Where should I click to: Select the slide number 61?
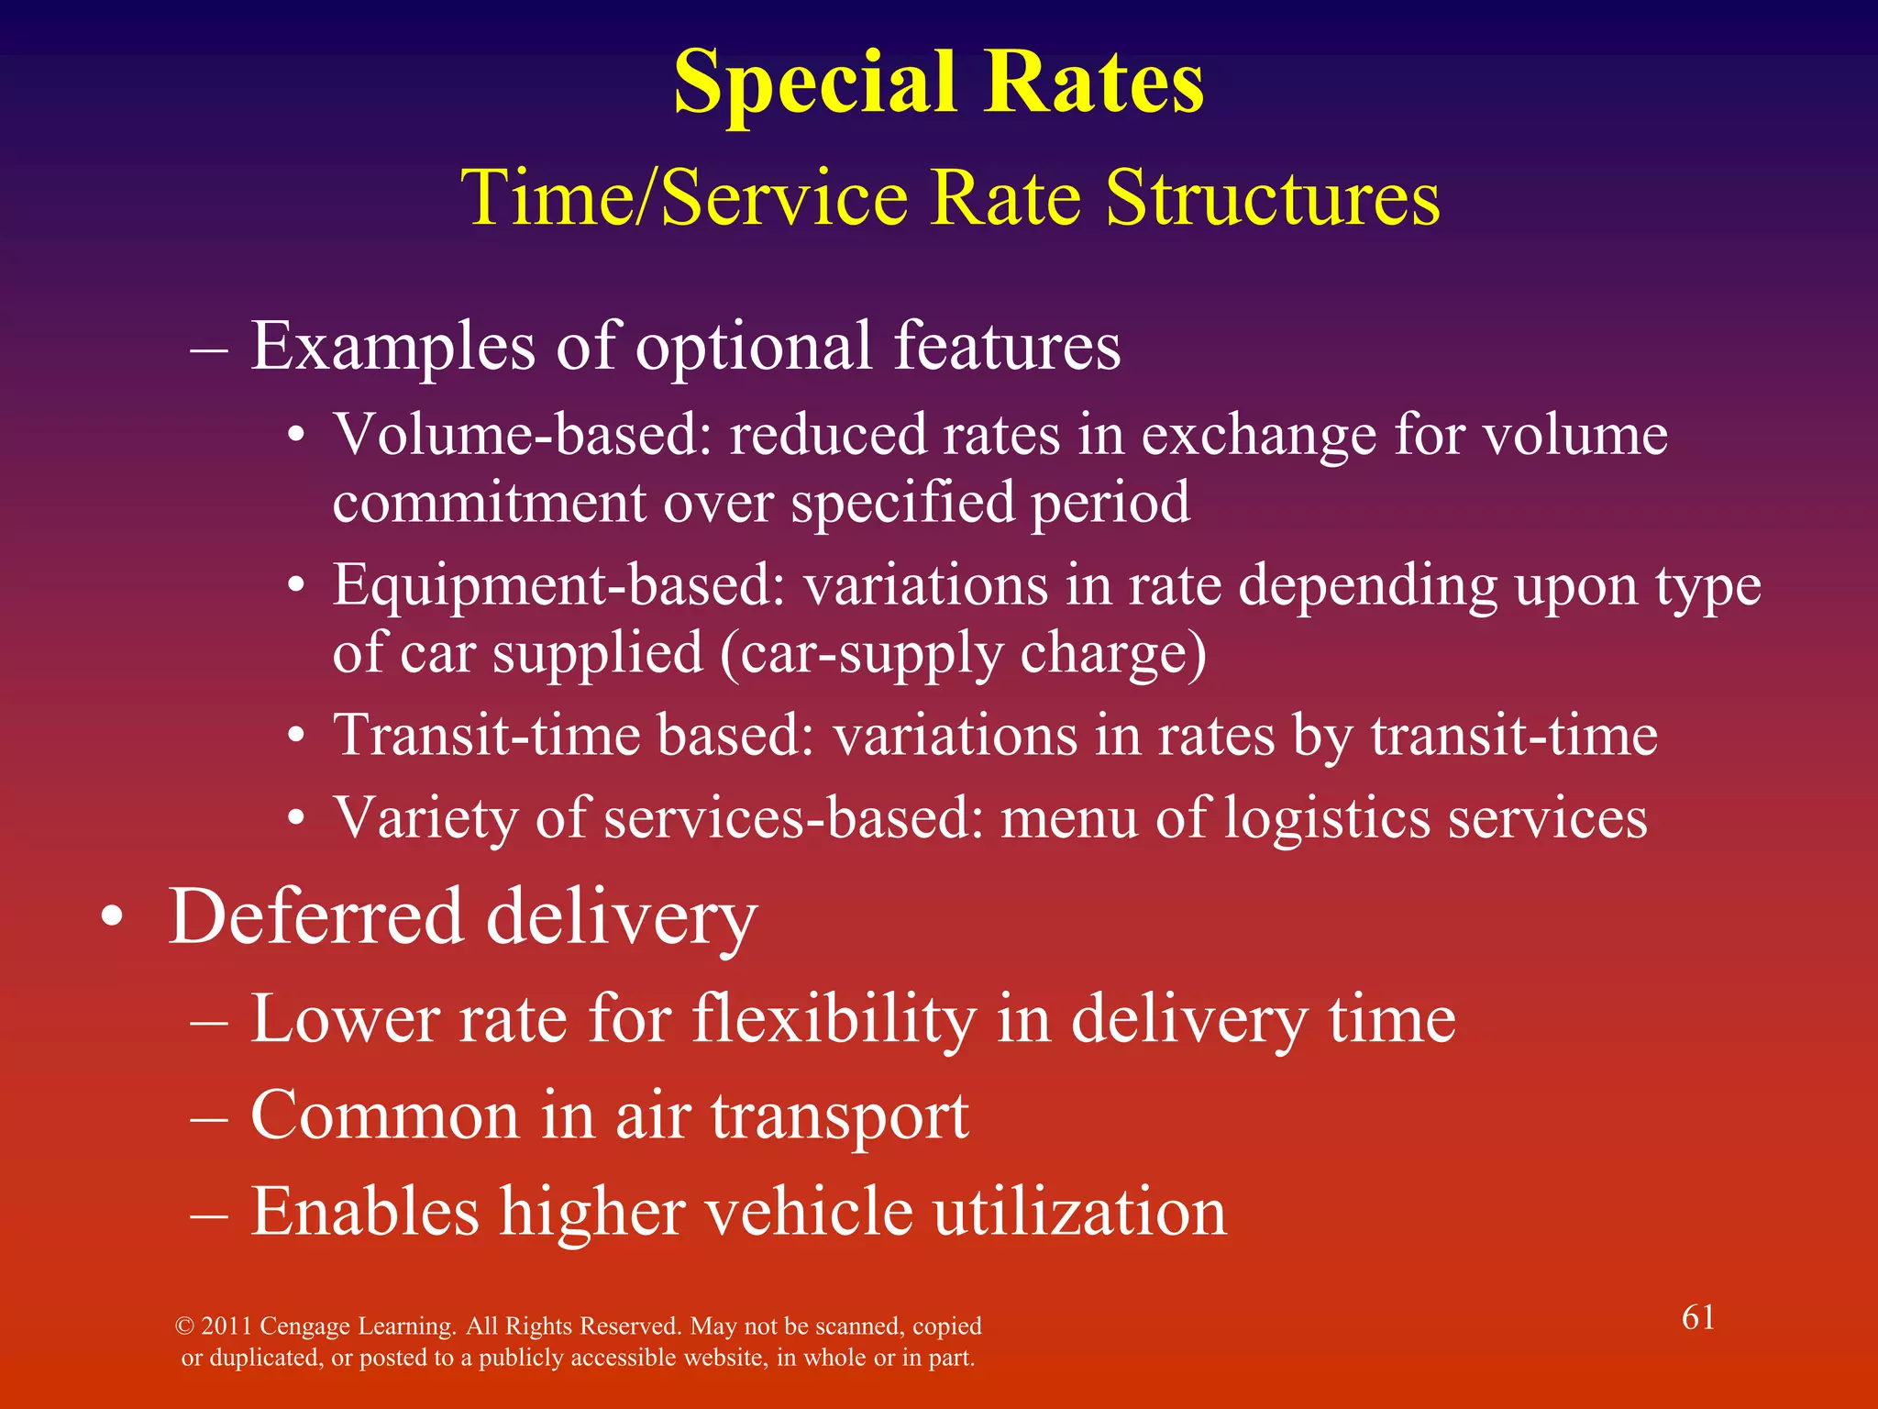pos(1697,1317)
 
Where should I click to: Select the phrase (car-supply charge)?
pos(963,653)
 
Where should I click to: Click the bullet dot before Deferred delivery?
pos(112,918)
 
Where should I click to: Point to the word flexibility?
pos(834,1019)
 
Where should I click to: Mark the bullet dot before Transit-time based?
pos(295,737)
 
